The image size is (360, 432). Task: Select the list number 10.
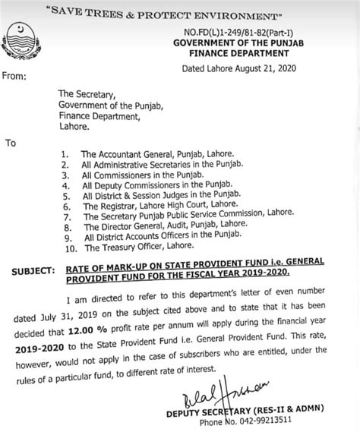(x=70, y=248)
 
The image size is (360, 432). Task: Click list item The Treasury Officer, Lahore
(x=138, y=248)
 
